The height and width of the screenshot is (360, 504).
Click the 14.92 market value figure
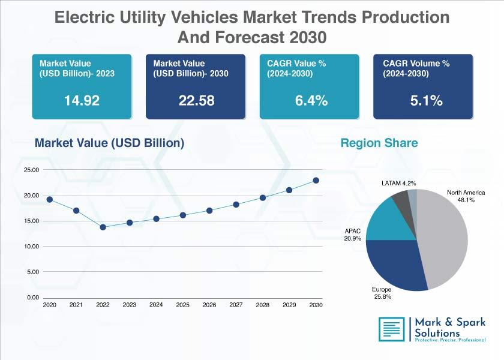coord(82,101)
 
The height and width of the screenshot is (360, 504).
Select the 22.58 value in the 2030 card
coord(196,101)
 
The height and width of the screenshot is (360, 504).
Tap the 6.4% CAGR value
coord(311,101)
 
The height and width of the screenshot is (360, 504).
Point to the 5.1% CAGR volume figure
coord(426,101)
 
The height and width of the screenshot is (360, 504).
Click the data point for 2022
coord(103,227)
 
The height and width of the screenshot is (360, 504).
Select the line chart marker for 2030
coord(316,181)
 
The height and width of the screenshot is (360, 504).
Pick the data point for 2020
coord(49,200)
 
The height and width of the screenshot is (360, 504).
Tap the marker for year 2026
coord(209,211)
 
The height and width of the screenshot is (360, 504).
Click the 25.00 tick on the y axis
coord(31,170)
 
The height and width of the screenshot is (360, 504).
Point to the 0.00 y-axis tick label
coord(33,298)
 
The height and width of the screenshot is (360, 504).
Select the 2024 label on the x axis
coord(156,304)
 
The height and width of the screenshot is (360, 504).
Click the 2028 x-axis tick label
coord(263,305)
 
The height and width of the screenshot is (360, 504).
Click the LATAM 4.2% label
coord(398,183)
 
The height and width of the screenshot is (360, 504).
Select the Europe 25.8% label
coord(382,293)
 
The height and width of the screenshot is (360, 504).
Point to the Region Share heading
coord(379,143)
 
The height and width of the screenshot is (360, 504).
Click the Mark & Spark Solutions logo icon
coord(392,329)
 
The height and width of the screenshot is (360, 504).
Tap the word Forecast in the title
coord(250,37)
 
